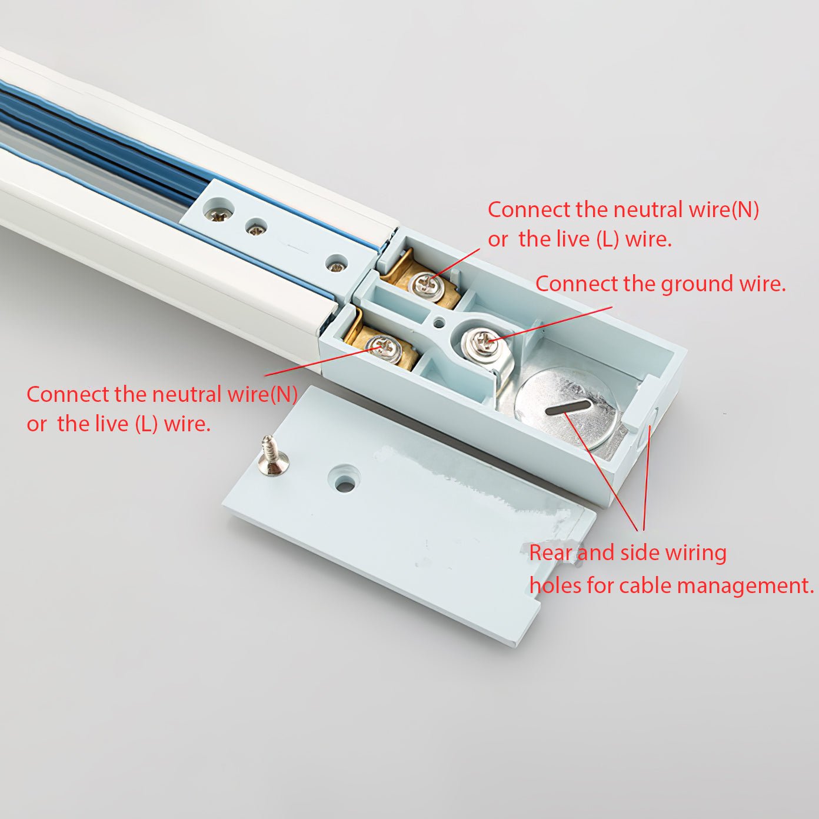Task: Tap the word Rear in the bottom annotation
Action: tap(551, 553)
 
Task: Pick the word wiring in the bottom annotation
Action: tap(696, 553)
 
